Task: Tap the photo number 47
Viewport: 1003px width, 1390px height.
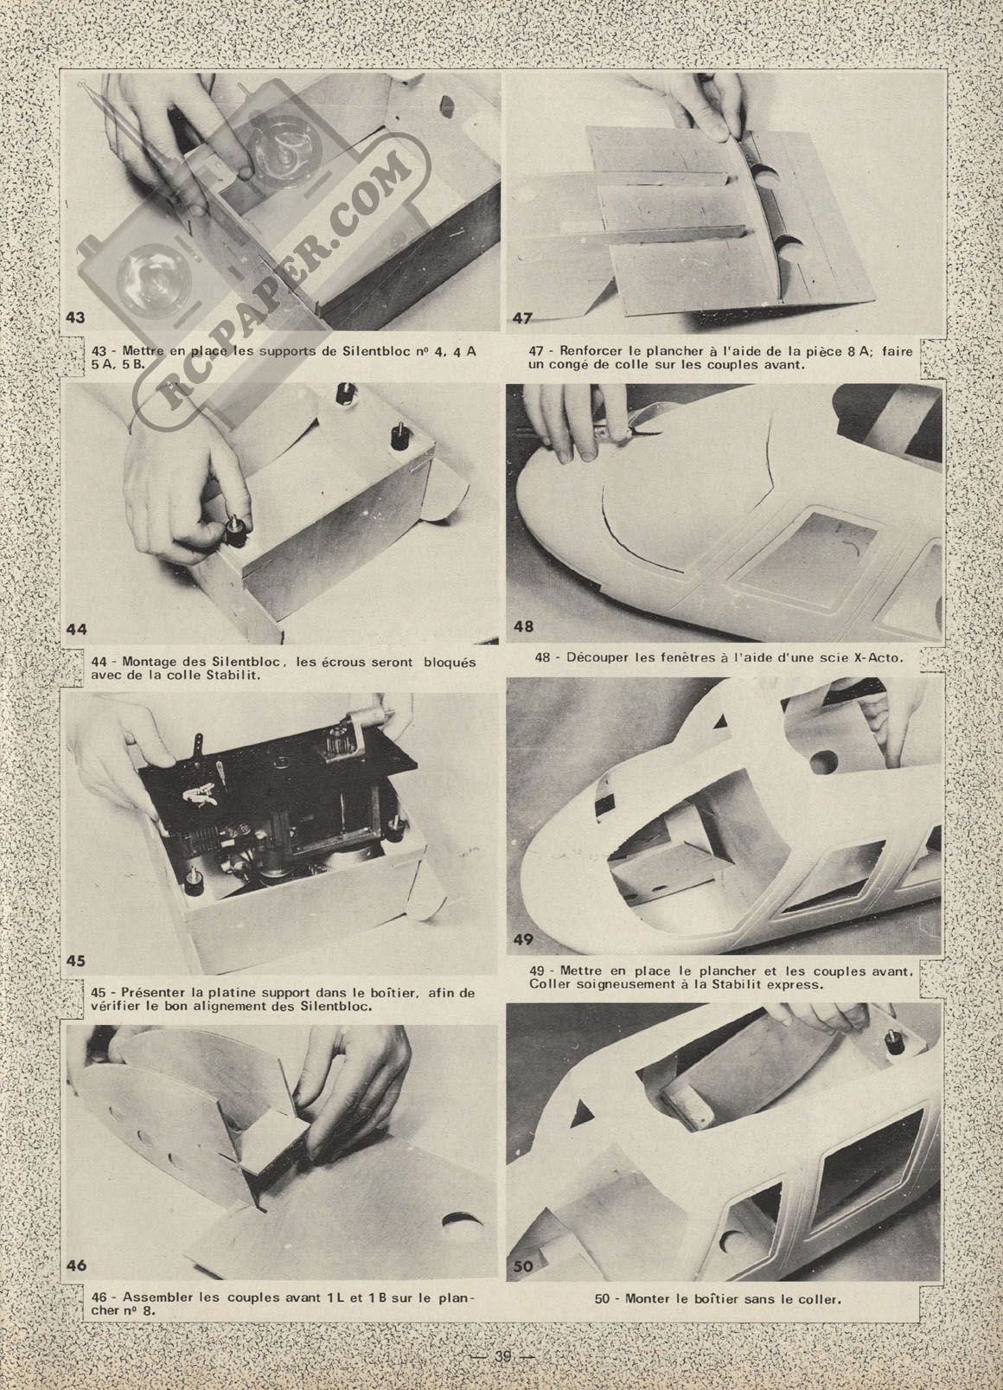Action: click(x=522, y=318)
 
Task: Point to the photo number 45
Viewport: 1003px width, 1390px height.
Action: click(x=76, y=978)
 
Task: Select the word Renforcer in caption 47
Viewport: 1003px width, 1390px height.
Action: click(x=585, y=351)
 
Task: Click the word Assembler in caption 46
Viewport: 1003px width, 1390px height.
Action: click(x=151, y=1345)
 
